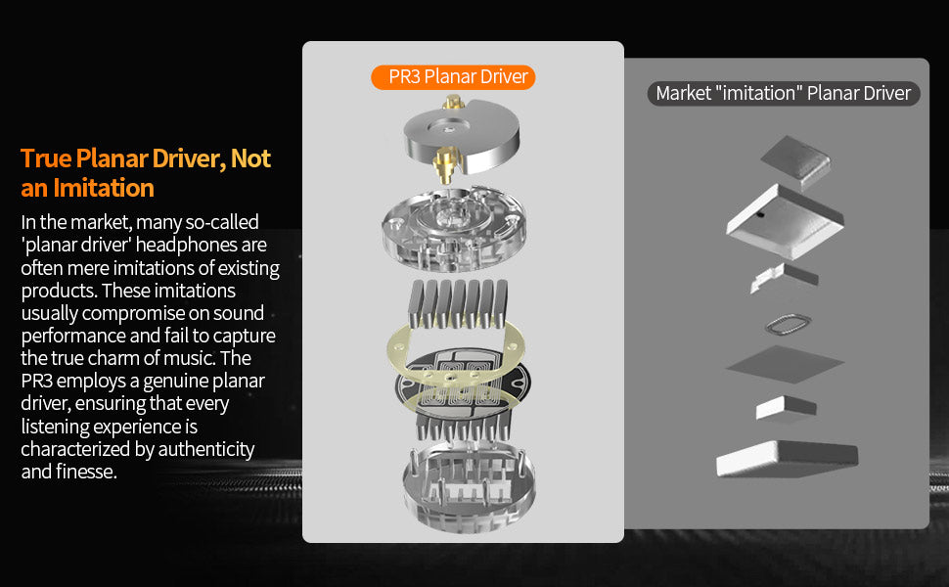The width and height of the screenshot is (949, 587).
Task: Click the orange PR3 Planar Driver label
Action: [453, 77]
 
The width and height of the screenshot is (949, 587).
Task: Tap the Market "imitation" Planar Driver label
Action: [783, 93]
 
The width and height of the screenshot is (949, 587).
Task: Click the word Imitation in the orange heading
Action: [104, 188]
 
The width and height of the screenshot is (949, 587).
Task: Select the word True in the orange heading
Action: [46, 158]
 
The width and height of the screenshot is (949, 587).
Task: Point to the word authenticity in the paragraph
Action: [205, 449]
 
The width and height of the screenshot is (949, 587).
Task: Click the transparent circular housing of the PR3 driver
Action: [454, 228]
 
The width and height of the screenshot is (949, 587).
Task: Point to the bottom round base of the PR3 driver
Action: [469, 490]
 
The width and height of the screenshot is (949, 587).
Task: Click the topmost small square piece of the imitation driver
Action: [795, 158]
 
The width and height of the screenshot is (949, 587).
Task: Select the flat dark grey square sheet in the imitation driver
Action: [785, 364]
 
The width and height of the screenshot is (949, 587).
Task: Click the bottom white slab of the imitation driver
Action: [787, 459]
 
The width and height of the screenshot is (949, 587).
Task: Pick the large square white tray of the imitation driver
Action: [785, 222]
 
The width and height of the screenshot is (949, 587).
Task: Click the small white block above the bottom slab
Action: [787, 407]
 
